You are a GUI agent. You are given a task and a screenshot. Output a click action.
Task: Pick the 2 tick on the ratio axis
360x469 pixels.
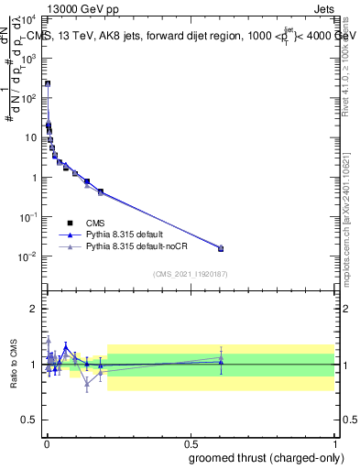point(34,309)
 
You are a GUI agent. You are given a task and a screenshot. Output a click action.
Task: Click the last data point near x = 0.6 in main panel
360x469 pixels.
point(220,248)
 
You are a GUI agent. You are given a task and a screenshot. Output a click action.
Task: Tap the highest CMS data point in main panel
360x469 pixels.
point(48,83)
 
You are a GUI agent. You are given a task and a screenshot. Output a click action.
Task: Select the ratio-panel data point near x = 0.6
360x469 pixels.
point(220,363)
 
